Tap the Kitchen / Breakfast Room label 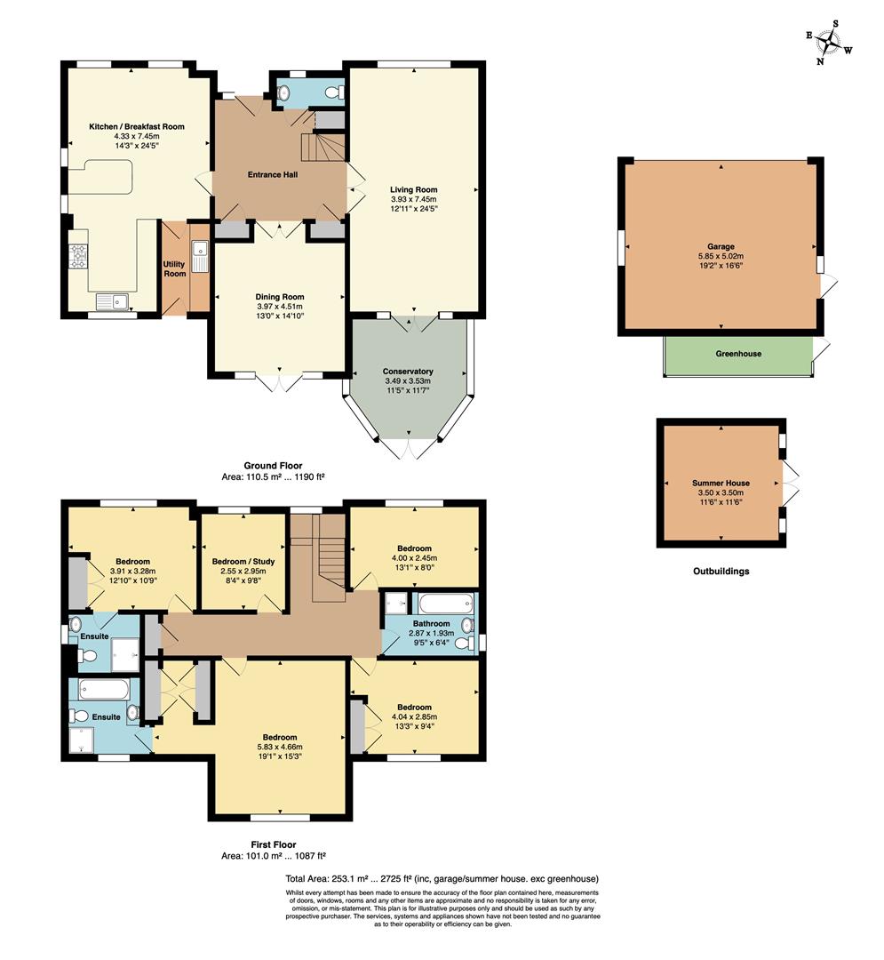click(137, 127)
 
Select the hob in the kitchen click(78, 256)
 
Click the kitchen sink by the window click(113, 300)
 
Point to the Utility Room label click(174, 268)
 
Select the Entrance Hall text click(272, 174)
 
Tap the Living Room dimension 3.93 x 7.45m click(413, 199)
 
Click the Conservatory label click(408, 372)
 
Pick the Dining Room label click(280, 297)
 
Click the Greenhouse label click(738, 354)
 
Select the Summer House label click(721, 483)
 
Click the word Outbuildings click(721, 572)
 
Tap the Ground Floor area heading click(273, 466)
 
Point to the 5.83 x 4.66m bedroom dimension click(279, 748)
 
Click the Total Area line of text click(442, 878)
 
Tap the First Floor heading click(273, 844)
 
